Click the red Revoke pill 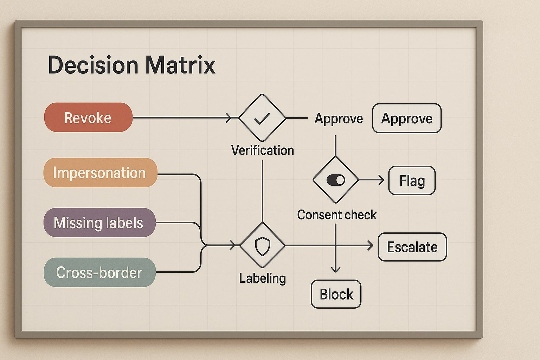pyautogui.click(x=88, y=117)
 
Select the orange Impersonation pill pyautogui.click(x=100, y=173)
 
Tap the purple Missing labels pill pyautogui.click(x=99, y=223)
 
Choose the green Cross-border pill pyautogui.click(x=99, y=272)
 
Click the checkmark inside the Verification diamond pyautogui.click(x=262, y=118)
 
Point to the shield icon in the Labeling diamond pyautogui.click(x=262, y=246)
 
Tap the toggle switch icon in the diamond pyautogui.click(x=335, y=180)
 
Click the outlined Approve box pyautogui.click(x=407, y=118)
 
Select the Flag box pyautogui.click(x=412, y=181)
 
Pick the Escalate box pyautogui.click(x=412, y=247)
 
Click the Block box pyautogui.click(x=336, y=294)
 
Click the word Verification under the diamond pyautogui.click(x=262, y=150)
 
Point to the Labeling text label pyautogui.click(x=262, y=278)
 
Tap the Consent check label pyautogui.click(x=336, y=215)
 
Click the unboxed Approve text pyautogui.click(x=339, y=119)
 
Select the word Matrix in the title pyautogui.click(x=180, y=65)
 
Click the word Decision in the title pyautogui.click(x=93, y=65)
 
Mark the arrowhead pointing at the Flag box pyautogui.click(x=381, y=180)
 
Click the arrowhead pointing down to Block pyautogui.click(x=336, y=269)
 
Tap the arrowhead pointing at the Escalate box pyautogui.click(x=370, y=245)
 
